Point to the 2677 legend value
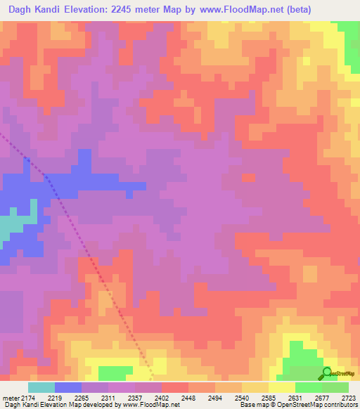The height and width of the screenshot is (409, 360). [323, 397]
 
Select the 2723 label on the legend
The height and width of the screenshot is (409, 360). [348, 397]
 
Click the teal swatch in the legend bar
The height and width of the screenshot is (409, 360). [41, 387]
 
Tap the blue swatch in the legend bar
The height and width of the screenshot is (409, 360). [68, 387]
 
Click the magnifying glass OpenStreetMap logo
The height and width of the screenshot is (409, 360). [327, 373]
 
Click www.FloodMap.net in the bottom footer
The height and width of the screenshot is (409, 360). [149, 405]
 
